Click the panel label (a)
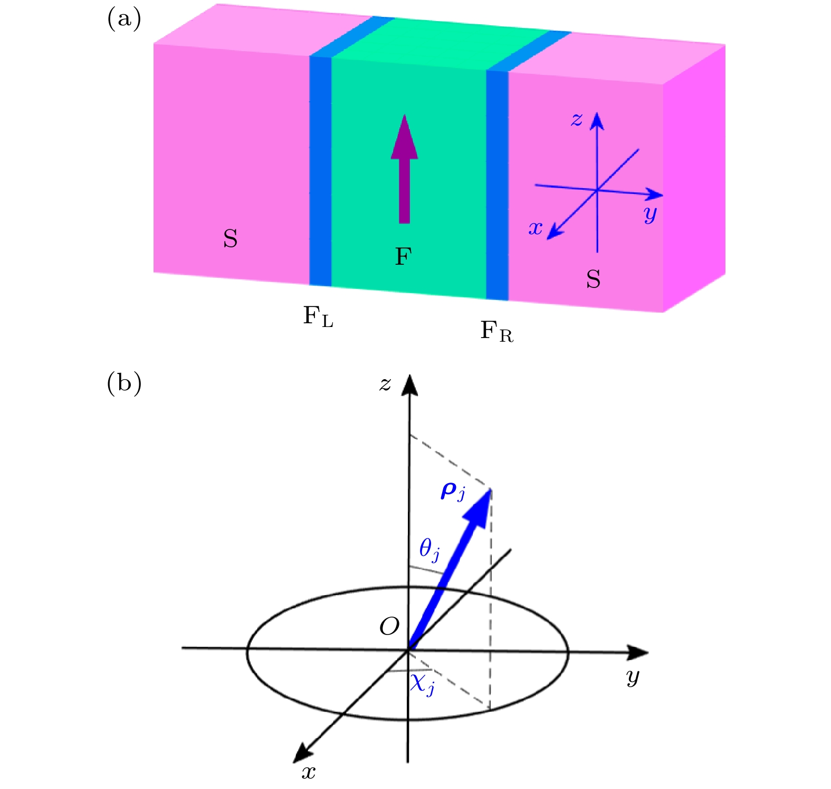[x=124, y=20]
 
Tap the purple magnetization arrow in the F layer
[x=404, y=169]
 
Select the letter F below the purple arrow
[x=403, y=256]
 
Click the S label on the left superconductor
[x=231, y=239]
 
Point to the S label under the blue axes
[x=594, y=279]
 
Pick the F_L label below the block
[x=318, y=316]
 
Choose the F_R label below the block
[x=496, y=332]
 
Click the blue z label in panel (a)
[x=577, y=119]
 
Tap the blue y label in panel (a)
[x=651, y=214]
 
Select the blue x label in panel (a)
[x=536, y=228]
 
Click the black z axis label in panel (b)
[x=385, y=384]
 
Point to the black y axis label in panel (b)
[x=633, y=677]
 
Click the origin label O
[x=389, y=627]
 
